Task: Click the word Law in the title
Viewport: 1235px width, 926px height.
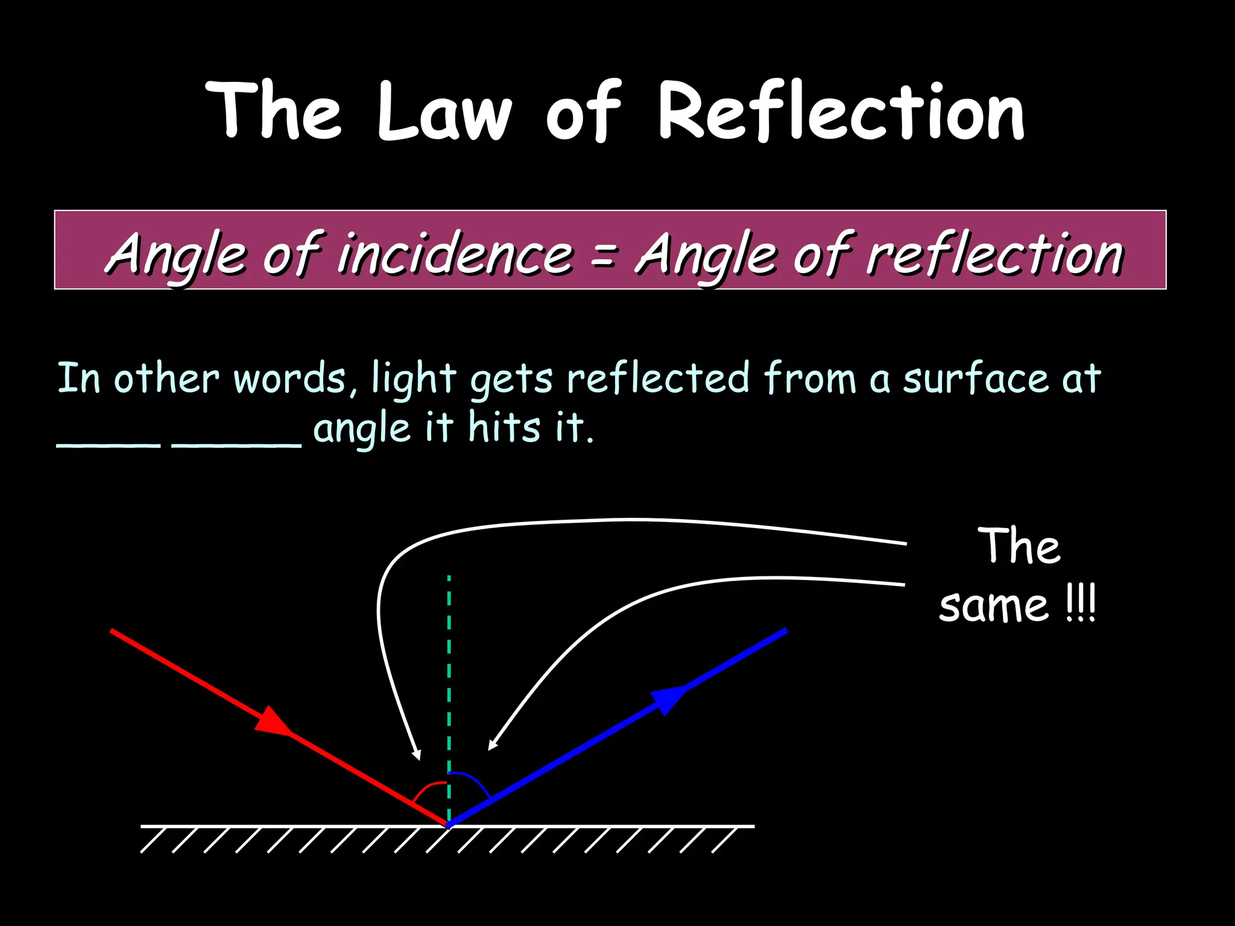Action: tap(444, 113)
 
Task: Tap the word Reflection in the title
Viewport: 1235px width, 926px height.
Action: tap(841, 113)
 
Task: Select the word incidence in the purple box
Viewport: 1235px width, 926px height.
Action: tap(454, 254)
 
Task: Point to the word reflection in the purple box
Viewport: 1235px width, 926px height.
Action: tap(995, 254)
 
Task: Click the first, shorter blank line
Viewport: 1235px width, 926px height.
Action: tap(109, 445)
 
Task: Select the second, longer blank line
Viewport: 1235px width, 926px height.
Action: tap(236, 445)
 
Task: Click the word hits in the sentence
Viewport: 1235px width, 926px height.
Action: tap(504, 427)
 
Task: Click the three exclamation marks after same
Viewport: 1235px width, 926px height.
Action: tap(1080, 605)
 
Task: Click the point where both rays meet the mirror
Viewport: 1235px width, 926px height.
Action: tap(449, 824)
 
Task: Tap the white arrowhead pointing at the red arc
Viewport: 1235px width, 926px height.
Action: tap(416, 755)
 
